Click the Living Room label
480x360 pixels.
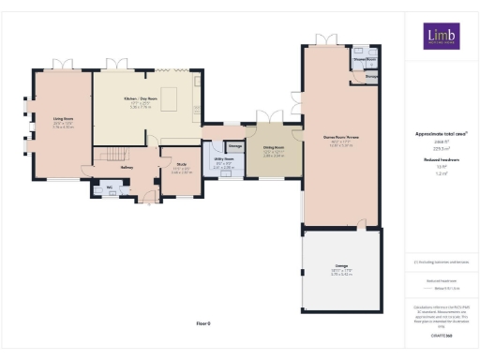(64, 119)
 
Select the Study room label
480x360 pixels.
(182, 166)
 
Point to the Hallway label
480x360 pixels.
(127, 168)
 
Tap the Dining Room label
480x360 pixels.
(274, 147)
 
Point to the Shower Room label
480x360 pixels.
(363, 57)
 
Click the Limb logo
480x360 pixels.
(441, 37)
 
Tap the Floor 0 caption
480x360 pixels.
(204, 322)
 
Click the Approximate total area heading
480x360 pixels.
(441, 133)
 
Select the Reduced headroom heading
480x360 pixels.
(441, 160)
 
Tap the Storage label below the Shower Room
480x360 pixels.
(372, 76)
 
